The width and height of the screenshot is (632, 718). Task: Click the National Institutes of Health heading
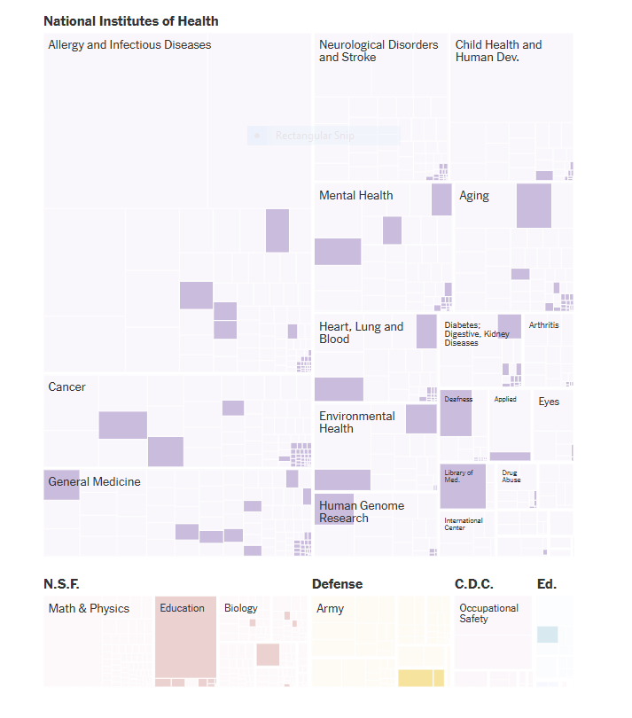point(131,21)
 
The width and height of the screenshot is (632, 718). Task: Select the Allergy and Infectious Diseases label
point(129,44)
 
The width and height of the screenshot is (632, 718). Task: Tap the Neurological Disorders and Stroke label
point(378,51)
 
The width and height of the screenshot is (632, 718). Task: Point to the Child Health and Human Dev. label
point(498,51)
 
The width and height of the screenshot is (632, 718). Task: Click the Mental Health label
point(355,196)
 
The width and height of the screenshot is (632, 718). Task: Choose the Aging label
point(474,196)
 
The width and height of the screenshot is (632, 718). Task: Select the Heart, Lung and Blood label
point(361,332)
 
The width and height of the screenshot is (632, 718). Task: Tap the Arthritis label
point(543,325)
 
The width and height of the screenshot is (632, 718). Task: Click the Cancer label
point(67,387)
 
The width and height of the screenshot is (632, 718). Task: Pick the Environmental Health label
point(357,422)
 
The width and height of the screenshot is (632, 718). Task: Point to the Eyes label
point(549,402)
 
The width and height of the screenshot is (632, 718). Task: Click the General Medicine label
point(94,482)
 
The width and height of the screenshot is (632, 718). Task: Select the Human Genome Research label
point(362,511)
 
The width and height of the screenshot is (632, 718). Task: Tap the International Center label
point(463,524)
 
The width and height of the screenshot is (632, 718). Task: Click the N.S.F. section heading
point(61,584)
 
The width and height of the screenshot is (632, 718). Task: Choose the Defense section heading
point(337,584)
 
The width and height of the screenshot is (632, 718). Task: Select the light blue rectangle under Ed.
point(547,635)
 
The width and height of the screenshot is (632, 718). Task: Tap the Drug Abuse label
point(511,476)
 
